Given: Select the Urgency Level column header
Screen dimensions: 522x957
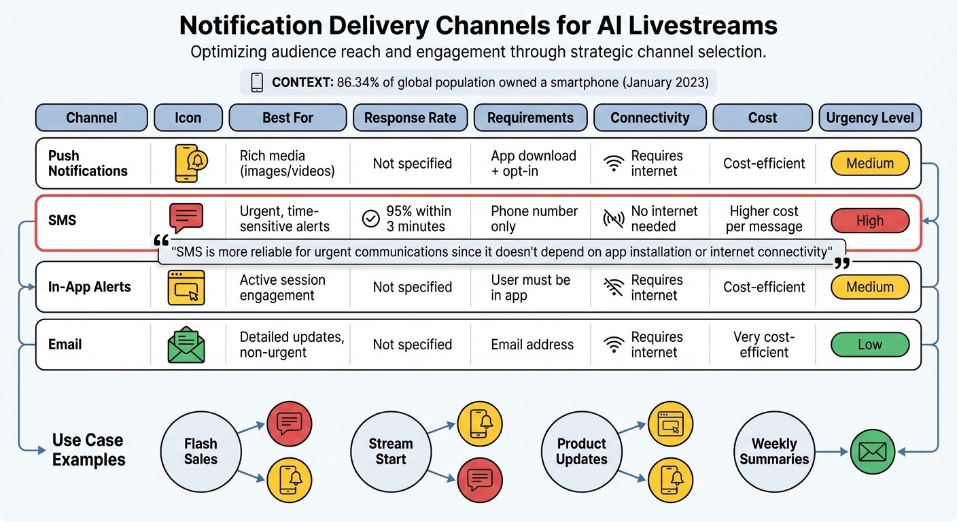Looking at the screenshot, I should click(x=870, y=118).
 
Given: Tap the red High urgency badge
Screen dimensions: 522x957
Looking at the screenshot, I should click(x=869, y=221).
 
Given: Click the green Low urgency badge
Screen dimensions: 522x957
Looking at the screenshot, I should click(x=869, y=345).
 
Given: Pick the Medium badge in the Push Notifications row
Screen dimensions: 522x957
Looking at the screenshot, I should click(x=869, y=163).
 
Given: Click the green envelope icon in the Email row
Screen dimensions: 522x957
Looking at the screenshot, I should click(x=186, y=345).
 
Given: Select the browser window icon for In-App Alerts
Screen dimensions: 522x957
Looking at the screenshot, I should click(x=186, y=287).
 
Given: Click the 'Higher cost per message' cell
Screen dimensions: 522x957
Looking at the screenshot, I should click(x=765, y=219).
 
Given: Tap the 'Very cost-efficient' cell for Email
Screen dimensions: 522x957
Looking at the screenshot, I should click(x=764, y=345).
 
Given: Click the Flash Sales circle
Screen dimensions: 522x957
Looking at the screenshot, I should click(x=201, y=452).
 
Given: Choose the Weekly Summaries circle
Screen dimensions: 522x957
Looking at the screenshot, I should click(x=774, y=452).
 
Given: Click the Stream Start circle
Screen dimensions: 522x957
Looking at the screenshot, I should click(x=391, y=452).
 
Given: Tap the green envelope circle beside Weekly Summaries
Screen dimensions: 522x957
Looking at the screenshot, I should click(x=873, y=452).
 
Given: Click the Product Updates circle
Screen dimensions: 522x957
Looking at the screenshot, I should click(x=581, y=452).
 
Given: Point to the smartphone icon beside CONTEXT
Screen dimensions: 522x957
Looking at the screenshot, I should click(x=257, y=83).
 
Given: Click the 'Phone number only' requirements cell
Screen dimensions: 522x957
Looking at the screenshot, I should click(x=534, y=219).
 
